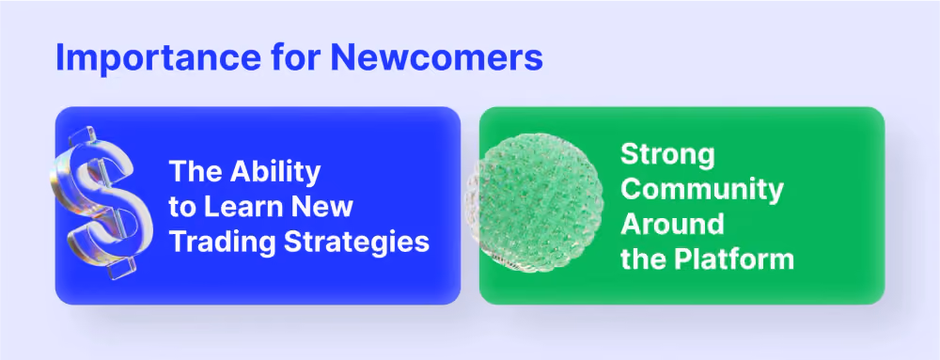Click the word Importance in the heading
click(157, 58)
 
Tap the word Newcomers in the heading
click(436, 57)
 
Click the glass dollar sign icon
click(101, 202)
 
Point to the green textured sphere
click(534, 202)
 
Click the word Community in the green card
click(702, 191)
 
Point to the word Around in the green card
click(672, 225)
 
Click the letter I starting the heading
click(59, 57)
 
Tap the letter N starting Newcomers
click(342, 57)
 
